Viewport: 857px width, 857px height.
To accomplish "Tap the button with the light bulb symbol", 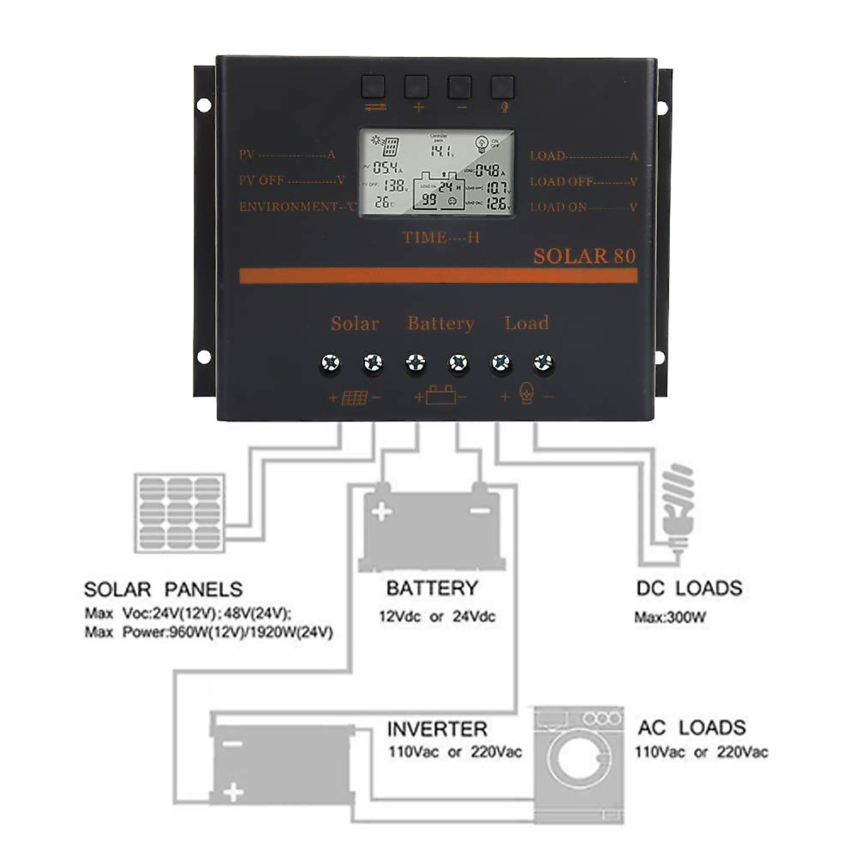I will coord(502,87).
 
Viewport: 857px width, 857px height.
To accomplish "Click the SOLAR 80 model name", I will coord(583,256).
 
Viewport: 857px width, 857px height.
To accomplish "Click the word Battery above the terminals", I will coord(441,324).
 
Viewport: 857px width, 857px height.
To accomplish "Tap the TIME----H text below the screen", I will coord(441,238).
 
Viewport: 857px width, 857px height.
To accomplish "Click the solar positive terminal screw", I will coord(330,364).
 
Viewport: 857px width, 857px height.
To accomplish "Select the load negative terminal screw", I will coord(543,364).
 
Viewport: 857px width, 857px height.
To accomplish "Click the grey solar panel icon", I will coord(179,513).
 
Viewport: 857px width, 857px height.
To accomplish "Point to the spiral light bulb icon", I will coord(677,503).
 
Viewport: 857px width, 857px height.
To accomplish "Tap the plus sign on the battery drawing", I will coord(382,511).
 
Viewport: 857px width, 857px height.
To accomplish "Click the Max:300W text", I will coord(670,618).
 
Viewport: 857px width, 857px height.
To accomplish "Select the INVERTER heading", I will coord(436,729).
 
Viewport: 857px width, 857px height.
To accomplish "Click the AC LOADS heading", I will coord(691,728).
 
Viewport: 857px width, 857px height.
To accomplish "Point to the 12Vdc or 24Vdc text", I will coord(436,616).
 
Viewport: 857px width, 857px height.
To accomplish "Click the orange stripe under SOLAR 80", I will coord(438,276).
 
